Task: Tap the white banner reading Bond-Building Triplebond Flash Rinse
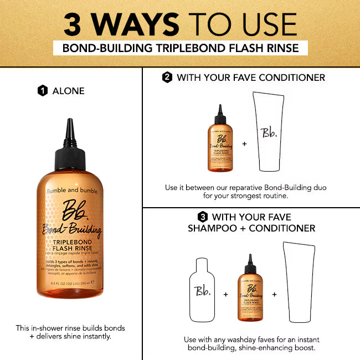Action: click(x=180, y=48)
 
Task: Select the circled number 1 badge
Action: click(x=42, y=91)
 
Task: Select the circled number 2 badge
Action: click(x=167, y=78)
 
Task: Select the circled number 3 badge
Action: click(x=202, y=217)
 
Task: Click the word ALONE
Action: click(x=68, y=91)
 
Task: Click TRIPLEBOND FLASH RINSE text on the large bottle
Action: click(x=69, y=245)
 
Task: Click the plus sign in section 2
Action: click(x=244, y=143)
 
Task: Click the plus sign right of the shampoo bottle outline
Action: click(x=225, y=294)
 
